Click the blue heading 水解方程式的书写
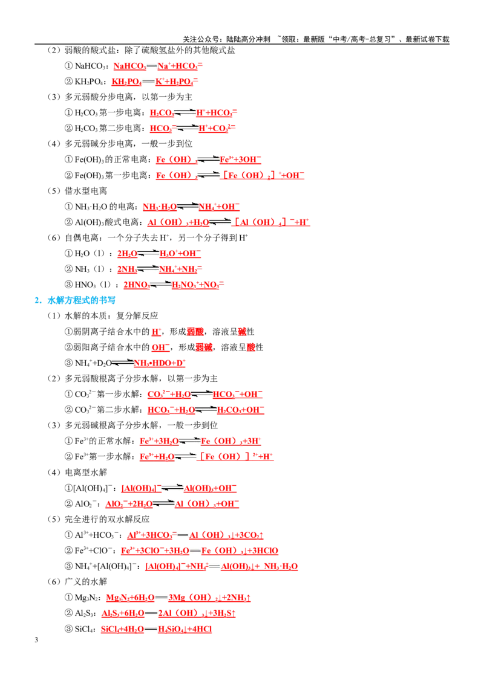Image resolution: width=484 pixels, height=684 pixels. [81, 300]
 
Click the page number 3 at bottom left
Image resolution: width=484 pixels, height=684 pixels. [36, 639]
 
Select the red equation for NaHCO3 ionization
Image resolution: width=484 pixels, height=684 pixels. [158, 66]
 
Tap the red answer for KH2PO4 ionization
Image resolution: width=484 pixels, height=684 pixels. [155, 82]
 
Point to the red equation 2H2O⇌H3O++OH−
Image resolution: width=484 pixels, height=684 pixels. [159, 253]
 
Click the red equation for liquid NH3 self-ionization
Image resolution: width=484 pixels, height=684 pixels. [160, 269]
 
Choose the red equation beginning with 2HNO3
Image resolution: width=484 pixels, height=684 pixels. [174, 285]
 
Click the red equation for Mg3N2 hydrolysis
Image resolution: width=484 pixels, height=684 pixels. [178, 598]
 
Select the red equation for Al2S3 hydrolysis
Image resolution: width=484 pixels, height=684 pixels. [169, 613]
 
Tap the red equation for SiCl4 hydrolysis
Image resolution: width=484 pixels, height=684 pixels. [156, 629]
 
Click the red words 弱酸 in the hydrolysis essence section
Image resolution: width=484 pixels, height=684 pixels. [195, 332]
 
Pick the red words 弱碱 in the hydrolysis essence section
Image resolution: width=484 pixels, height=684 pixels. [204, 347]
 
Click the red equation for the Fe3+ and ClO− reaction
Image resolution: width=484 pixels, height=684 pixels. [200, 550]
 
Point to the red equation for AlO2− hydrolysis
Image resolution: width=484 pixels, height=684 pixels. [172, 504]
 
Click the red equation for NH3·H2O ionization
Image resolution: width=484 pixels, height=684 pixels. [191, 206]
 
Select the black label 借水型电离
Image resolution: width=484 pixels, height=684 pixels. [86, 190]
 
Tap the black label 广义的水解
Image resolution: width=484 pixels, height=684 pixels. [86, 581]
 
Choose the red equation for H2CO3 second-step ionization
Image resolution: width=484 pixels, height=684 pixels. [192, 128]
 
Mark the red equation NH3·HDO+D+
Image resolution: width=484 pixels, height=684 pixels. [160, 363]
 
